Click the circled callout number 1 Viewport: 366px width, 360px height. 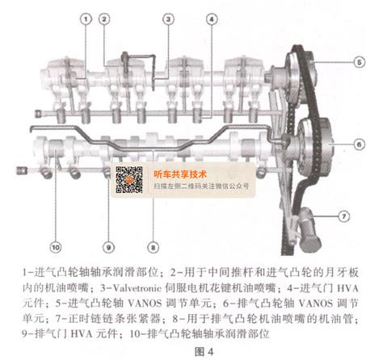tap(86, 19)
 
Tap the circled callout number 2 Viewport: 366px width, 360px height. tap(104, 19)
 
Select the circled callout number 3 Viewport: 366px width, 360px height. tap(169, 19)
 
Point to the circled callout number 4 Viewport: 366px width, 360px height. tap(212, 19)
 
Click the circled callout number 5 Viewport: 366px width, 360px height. tap(359, 62)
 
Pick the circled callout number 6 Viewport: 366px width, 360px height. tap(359, 144)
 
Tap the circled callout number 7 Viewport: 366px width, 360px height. tap(344, 216)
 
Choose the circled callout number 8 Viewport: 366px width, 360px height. tap(153, 247)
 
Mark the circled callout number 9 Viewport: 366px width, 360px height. tap(108, 247)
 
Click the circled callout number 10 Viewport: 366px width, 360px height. tap(56, 247)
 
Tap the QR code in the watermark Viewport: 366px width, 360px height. tap(129, 180)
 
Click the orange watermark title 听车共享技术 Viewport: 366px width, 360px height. tap(180, 174)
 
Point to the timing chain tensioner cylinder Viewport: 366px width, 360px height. tap(309, 228)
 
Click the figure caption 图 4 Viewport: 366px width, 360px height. tap(204, 352)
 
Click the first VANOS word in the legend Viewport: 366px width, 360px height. tap(145, 303)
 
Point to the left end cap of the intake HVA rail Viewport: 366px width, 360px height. tap(38, 114)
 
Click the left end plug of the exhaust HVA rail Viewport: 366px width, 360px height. tap(21, 170)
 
